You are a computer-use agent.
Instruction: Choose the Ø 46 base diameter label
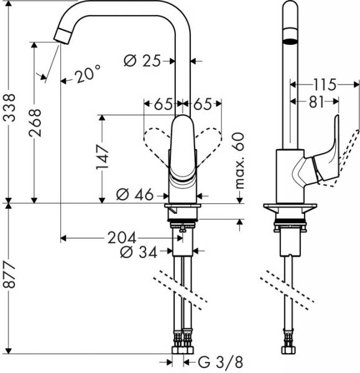[x=135, y=195]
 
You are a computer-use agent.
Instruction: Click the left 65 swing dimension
[x=163, y=104]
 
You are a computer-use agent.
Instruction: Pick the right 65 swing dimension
[x=203, y=104]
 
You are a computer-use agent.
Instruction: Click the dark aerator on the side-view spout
[x=290, y=42]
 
